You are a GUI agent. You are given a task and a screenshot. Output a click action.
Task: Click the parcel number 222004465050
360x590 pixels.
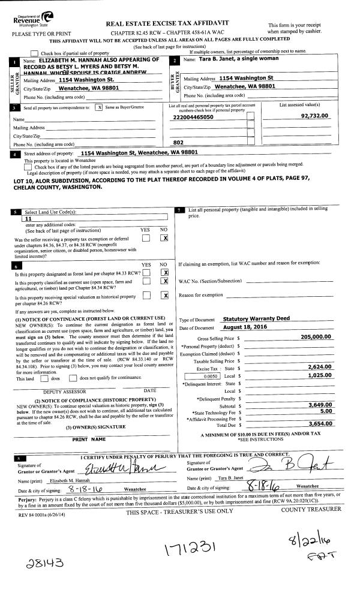tap(193, 118)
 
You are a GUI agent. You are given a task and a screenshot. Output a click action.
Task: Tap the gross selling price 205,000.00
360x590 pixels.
tap(316, 337)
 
